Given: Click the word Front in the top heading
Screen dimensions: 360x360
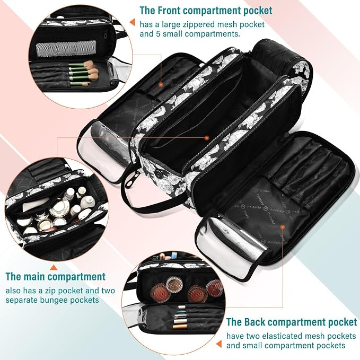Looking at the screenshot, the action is tap(166, 10).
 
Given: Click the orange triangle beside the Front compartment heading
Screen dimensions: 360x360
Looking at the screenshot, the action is tap(132, 22).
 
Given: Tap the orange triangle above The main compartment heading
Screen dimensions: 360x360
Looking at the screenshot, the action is tap(54, 267).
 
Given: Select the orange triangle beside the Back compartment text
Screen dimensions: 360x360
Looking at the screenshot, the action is tap(219, 344).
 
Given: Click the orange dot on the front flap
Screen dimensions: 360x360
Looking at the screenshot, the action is tap(161, 85).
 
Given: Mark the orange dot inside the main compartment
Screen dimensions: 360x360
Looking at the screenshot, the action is tap(207, 138).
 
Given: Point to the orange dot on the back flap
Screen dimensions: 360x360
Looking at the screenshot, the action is tap(283, 227).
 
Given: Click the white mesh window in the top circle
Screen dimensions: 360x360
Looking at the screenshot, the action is tap(66, 48).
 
